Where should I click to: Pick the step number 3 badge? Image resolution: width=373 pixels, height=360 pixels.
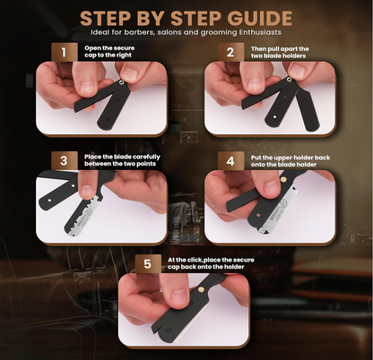click(64, 161)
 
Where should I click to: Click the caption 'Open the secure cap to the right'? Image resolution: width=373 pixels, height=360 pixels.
click(117, 52)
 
